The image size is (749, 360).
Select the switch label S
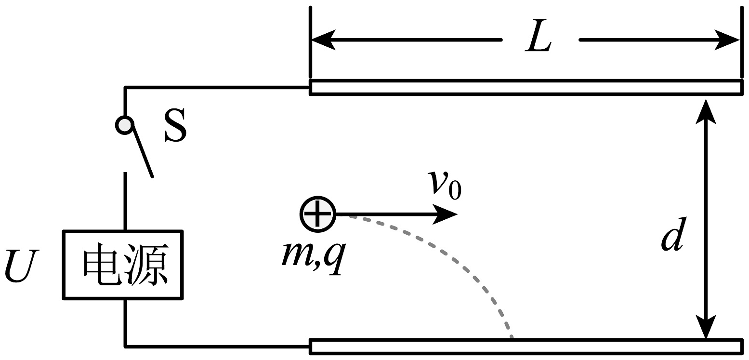click(174, 125)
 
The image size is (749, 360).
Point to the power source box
click(123, 265)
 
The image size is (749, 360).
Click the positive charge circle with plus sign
click(317, 214)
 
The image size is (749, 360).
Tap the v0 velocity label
click(445, 185)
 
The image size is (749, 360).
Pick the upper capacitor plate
click(525, 87)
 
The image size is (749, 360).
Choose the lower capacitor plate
click(525, 346)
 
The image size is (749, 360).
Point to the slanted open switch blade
click(143, 151)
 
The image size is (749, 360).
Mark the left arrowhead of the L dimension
click(322, 40)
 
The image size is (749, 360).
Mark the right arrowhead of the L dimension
click(728, 40)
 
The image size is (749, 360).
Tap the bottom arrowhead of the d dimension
click(706, 327)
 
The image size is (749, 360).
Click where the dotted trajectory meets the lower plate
click(512, 338)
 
